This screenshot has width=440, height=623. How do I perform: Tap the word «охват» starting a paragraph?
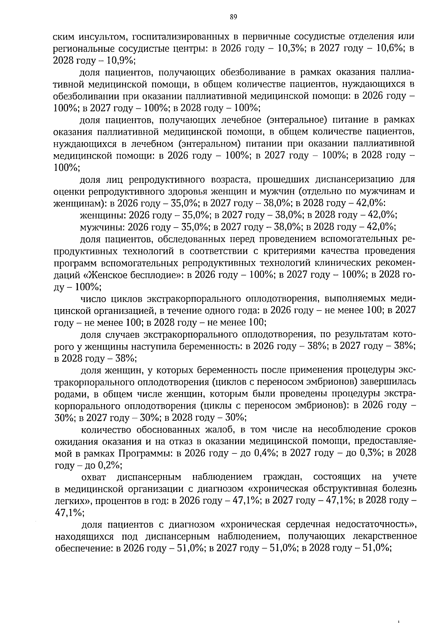pos(93,477)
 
